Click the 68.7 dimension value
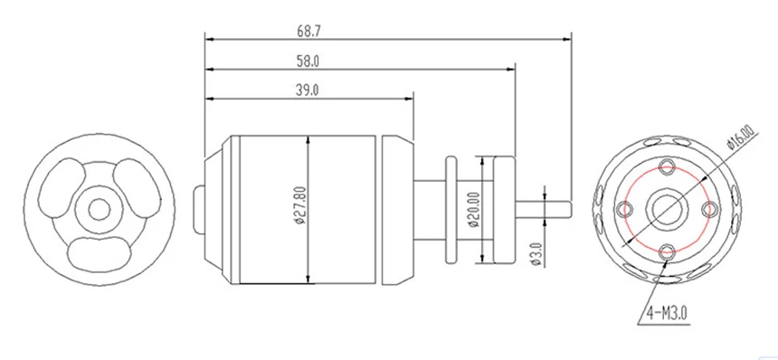point(309,32)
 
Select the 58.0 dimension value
point(308,62)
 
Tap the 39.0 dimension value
point(308,90)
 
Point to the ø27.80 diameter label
point(300,204)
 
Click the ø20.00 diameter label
point(474,209)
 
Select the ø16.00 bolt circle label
point(740,137)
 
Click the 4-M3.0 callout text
point(667,313)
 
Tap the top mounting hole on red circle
point(667,167)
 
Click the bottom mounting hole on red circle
point(667,251)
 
